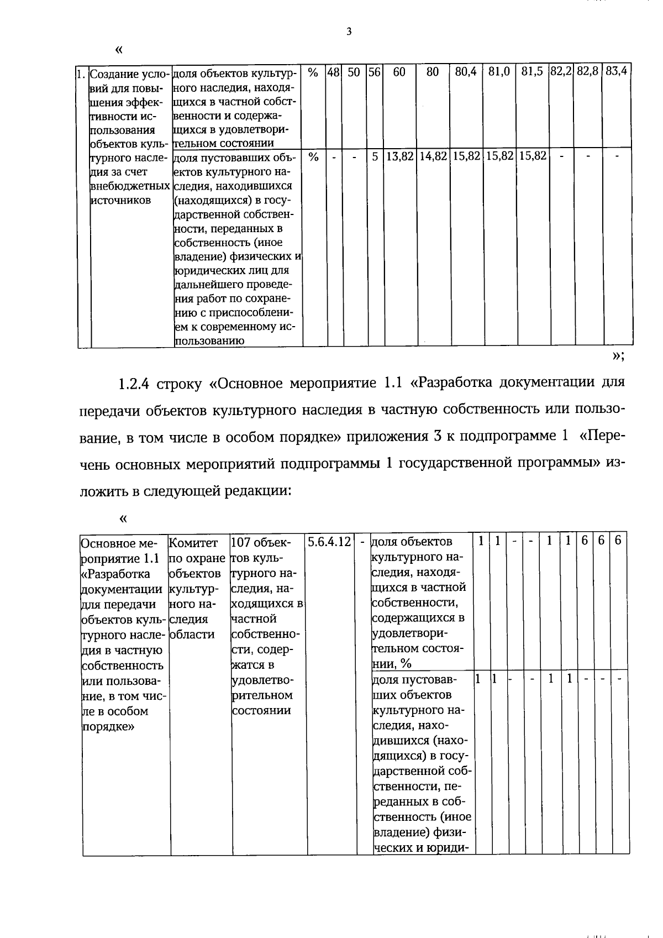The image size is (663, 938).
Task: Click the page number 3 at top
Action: (349, 32)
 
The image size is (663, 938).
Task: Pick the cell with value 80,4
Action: (466, 72)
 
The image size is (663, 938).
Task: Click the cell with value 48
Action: (333, 72)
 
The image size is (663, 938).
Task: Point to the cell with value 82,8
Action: (587, 72)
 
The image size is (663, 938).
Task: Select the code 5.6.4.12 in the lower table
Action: (330, 542)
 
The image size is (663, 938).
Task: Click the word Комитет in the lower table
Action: (193, 542)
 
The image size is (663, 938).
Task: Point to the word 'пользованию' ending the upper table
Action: (209, 340)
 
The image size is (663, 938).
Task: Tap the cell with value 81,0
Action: (499, 72)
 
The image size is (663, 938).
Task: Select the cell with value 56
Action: (374, 72)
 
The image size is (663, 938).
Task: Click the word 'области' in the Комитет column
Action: (192, 635)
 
